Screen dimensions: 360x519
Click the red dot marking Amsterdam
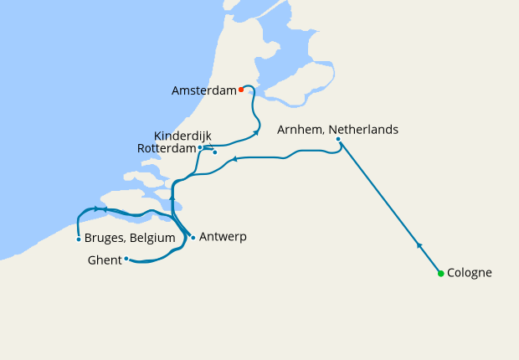coord(241,89)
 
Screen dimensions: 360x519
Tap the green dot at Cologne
coord(440,273)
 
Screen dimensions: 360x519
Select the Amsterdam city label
coord(203,90)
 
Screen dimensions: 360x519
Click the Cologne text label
coord(470,273)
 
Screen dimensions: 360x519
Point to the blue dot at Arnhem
coord(338,139)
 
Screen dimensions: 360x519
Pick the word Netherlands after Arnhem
coord(363,130)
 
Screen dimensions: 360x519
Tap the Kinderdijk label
coord(182,136)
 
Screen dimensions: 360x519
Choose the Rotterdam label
coord(167,149)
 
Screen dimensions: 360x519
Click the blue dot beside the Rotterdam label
coord(201,147)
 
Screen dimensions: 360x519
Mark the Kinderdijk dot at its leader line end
coord(215,152)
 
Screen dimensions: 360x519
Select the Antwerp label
coord(223,237)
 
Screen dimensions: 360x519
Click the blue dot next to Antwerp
coord(193,237)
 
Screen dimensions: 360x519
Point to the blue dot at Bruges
coord(78,239)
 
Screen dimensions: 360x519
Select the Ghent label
coord(104,260)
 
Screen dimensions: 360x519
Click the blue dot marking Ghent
coord(126,259)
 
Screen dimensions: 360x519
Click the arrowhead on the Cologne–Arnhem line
coord(419,244)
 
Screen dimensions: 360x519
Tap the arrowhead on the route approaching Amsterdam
coord(256,132)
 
